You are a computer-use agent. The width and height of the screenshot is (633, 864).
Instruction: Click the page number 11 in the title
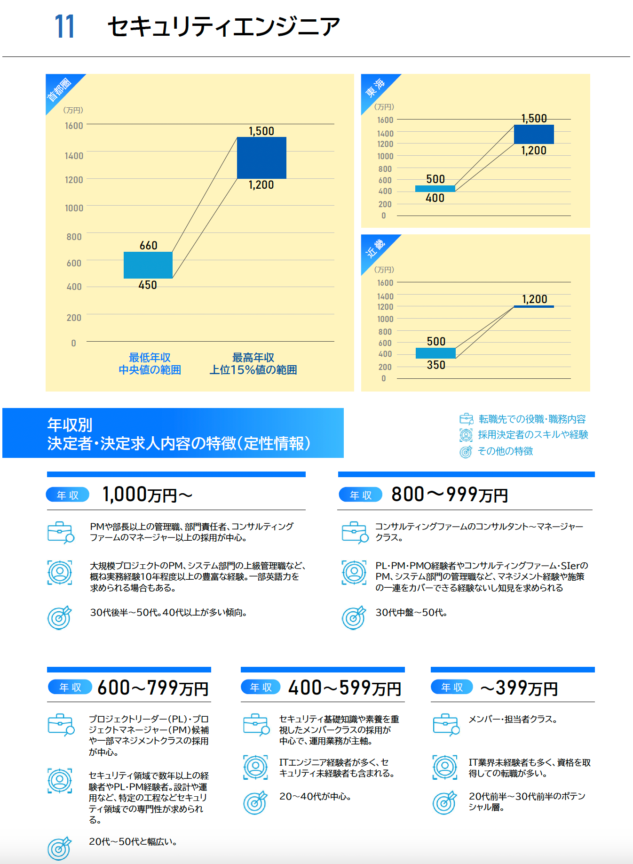click(64, 26)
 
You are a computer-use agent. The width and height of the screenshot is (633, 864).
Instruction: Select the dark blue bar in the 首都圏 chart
click(261, 158)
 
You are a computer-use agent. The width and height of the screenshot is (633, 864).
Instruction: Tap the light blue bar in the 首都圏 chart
click(148, 265)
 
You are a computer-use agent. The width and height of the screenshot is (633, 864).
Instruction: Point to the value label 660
click(149, 245)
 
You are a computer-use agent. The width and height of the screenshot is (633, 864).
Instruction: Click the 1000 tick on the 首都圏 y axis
click(74, 208)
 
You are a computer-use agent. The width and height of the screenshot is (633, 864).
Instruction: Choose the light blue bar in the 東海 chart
click(435, 189)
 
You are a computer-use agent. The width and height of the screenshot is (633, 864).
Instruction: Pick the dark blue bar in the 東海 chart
click(534, 134)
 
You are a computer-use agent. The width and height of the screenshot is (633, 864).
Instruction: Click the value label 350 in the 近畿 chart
click(436, 365)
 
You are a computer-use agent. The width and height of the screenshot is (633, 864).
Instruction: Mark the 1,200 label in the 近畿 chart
click(535, 299)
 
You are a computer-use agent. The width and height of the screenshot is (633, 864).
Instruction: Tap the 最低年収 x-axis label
click(150, 358)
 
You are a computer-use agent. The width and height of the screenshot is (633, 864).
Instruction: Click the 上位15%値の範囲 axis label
click(253, 370)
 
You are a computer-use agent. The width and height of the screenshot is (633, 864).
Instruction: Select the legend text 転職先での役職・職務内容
click(532, 419)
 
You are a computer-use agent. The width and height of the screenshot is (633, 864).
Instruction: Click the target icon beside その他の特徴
click(466, 452)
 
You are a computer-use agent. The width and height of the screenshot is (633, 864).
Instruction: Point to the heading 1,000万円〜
click(147, 495)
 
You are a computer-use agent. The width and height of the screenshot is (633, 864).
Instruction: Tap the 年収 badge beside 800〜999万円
click(361, 495)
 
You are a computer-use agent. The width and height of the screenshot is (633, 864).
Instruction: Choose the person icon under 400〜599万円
click(255, 767)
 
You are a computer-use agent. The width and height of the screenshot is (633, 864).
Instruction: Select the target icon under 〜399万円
click(444, 802)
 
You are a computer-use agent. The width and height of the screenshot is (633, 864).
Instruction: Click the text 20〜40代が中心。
click(315, 796)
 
